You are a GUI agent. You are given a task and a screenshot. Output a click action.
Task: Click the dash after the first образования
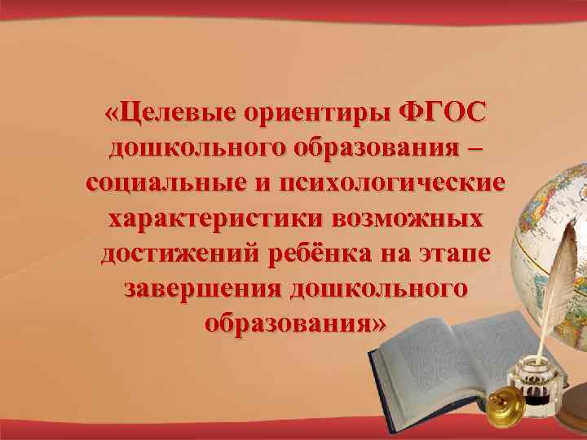click(476, 148)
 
